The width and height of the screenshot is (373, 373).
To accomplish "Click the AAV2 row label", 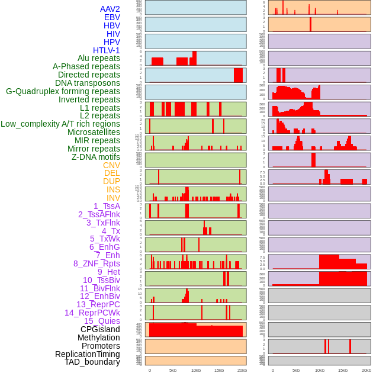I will coord(110,9).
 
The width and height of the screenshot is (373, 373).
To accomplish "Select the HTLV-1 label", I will coord(107,50).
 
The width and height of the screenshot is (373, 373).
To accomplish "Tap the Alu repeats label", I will coord(99,58).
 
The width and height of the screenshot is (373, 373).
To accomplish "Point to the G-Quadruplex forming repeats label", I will coord(63,91).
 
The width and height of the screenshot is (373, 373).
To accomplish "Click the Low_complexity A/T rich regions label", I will coord(60,124).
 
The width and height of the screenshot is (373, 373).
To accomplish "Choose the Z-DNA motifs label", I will coord(96,157).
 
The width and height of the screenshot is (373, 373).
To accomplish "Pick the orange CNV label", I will coord(111,165).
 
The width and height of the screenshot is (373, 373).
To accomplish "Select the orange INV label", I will coord(113,198).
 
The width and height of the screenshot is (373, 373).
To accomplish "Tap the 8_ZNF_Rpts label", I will coord(97,263).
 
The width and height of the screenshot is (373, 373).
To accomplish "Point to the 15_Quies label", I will coord(102,321).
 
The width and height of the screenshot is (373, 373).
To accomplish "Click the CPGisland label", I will coord(100,329).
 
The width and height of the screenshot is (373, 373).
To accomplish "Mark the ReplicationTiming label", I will coord(88,354).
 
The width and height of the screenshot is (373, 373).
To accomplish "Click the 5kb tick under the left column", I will coord(173,370).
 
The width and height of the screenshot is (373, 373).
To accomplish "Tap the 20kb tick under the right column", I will coord(366,370).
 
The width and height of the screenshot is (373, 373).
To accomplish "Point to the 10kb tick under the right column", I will coord(320,370).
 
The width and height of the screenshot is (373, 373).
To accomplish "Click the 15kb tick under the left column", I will coord(219,370).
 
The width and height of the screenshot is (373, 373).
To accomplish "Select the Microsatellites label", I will coord(94,132).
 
